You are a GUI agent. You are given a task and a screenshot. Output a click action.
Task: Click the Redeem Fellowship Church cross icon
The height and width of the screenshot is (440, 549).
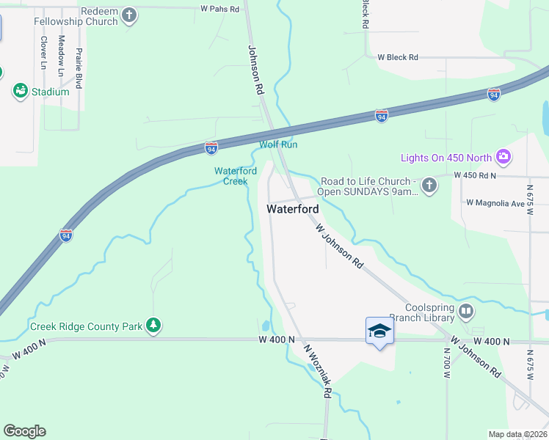(x=129, y=15)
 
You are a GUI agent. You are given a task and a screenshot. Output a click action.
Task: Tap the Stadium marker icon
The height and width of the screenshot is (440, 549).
(x=20, y=92)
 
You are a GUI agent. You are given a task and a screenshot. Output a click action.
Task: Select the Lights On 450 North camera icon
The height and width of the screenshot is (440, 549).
(x=503, y=157)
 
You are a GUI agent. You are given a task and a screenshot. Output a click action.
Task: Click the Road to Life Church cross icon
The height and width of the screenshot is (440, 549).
(x=431, y=186)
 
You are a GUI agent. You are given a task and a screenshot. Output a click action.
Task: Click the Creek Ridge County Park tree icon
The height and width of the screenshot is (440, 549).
(x=153, y=326)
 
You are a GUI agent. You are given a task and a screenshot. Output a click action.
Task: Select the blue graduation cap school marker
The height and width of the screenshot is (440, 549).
(x=379, y=331)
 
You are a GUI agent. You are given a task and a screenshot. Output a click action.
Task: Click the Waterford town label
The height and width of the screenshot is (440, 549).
(x=292, y=209)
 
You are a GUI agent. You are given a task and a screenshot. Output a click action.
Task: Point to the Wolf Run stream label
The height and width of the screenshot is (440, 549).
(x=278, y=144)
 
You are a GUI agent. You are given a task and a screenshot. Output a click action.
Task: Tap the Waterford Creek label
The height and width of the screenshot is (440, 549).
(x=235, y=176)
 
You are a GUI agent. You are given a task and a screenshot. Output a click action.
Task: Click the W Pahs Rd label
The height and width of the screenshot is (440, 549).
(x=219, y=10)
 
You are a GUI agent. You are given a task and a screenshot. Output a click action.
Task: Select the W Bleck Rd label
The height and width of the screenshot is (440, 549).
(x=397, y=57)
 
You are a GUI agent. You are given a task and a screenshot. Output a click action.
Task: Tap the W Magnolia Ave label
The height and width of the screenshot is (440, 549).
(x=496, y=202)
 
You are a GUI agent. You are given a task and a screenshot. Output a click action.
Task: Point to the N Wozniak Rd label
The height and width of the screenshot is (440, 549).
(x=318, y=372)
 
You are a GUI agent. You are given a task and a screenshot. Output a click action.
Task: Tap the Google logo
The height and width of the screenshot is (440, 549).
(x=24, y=431)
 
